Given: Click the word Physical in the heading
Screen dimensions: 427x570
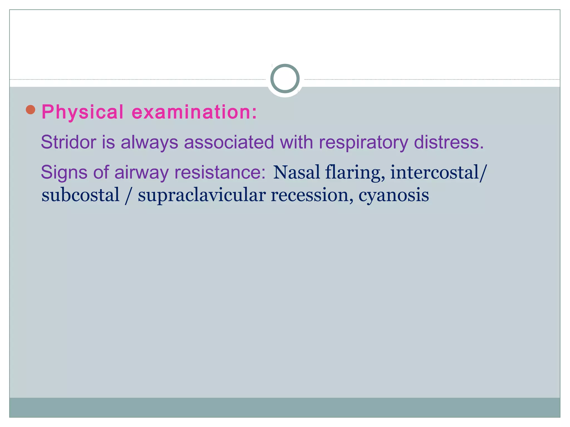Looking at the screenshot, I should click(82, 112).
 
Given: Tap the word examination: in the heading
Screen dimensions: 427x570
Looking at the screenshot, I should click(194, 112).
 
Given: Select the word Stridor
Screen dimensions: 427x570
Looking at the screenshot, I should click(68, 142).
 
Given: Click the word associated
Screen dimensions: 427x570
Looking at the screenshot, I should click(229, 142).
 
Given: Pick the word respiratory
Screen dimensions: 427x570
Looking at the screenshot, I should click(363, 143).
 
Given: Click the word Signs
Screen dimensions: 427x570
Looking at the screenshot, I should click(64, 172).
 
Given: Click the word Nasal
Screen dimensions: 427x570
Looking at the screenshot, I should click(296, 172).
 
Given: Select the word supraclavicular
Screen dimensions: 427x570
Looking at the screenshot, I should click(202, 195).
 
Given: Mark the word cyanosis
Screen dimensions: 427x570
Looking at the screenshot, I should click(394, 195).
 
